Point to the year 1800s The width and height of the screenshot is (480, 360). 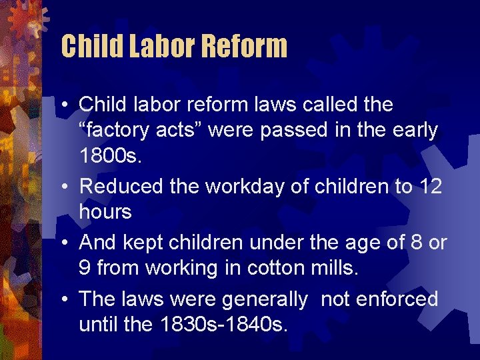(x=109, y=158)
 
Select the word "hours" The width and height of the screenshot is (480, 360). (x=106, y=213)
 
